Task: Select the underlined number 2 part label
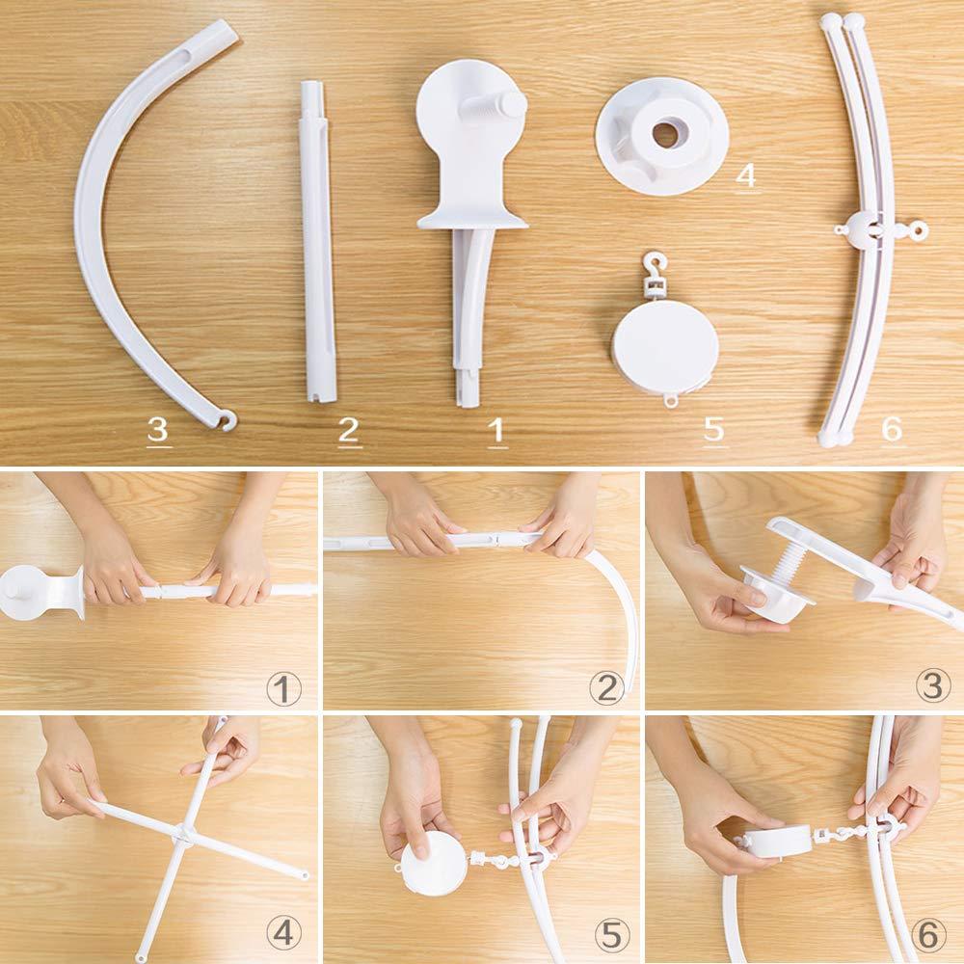pos(350,430)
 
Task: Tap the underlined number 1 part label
pos(497,430)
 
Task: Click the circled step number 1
pos(283,688)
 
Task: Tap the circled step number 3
pos(929,688)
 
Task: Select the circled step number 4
pos(283,932)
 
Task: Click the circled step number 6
pos(929,932)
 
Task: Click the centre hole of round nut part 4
pos(665,135)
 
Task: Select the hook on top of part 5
pos(656,264)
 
